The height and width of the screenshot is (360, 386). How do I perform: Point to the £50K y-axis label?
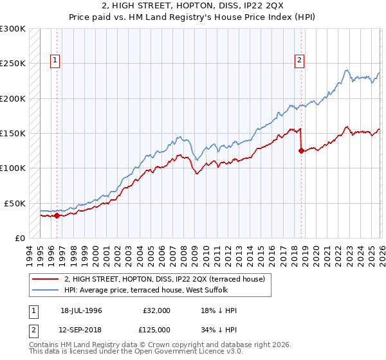(x=15, y=203)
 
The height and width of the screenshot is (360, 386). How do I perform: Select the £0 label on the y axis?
(x=20, y=238)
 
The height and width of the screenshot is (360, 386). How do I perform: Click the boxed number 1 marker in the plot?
(x=56, y=60)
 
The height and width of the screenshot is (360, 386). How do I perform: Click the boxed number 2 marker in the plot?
(x=300, y=60)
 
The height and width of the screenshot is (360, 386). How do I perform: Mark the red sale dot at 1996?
(x=57, y=216)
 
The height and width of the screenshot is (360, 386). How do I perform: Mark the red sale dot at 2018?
(x=301, y=151)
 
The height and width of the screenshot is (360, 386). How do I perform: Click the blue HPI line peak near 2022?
(x=346, y=70)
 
